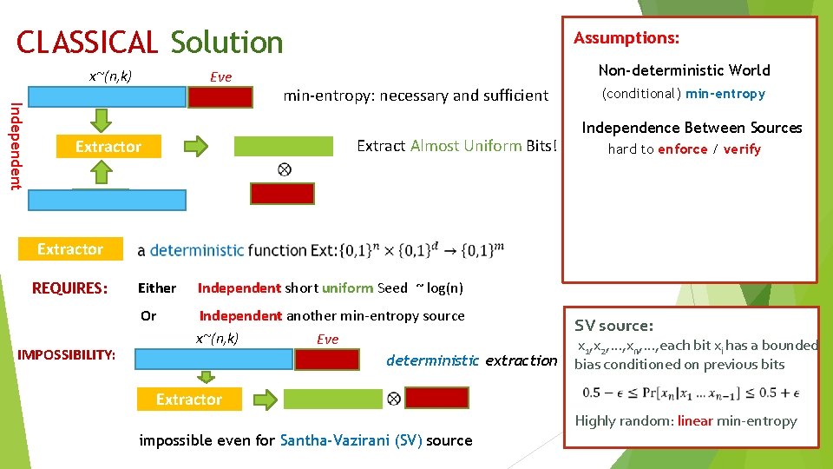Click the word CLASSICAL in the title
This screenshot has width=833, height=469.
[x=87, y=42]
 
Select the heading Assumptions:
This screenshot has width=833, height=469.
[x=626, y=38]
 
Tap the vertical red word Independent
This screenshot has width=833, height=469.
[x=15, y=145]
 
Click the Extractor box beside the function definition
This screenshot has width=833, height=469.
[x=70, y=249]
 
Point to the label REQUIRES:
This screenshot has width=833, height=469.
[x=70, y=287]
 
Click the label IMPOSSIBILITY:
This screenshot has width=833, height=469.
[x=67, y=354]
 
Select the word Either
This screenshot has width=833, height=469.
[x=157, y=288]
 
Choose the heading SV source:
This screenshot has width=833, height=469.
[x=613, y=326]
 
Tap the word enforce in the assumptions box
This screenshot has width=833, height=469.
[x=683, y=149]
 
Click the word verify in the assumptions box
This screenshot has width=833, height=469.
[x=742, y=149]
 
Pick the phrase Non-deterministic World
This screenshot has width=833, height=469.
[x=684, y=70]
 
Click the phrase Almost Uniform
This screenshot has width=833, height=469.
[x=466, y=146]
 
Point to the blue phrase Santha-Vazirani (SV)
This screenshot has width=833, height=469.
[x=351, y=440]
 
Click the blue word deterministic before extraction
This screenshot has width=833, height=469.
[x=432, y=360]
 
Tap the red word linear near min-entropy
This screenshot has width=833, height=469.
[x=695, y=421]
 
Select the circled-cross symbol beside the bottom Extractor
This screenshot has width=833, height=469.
[x=393, y=399]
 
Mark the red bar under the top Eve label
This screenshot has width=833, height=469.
[x=221, y=96]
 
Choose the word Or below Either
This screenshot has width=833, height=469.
[x=148, y=316]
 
